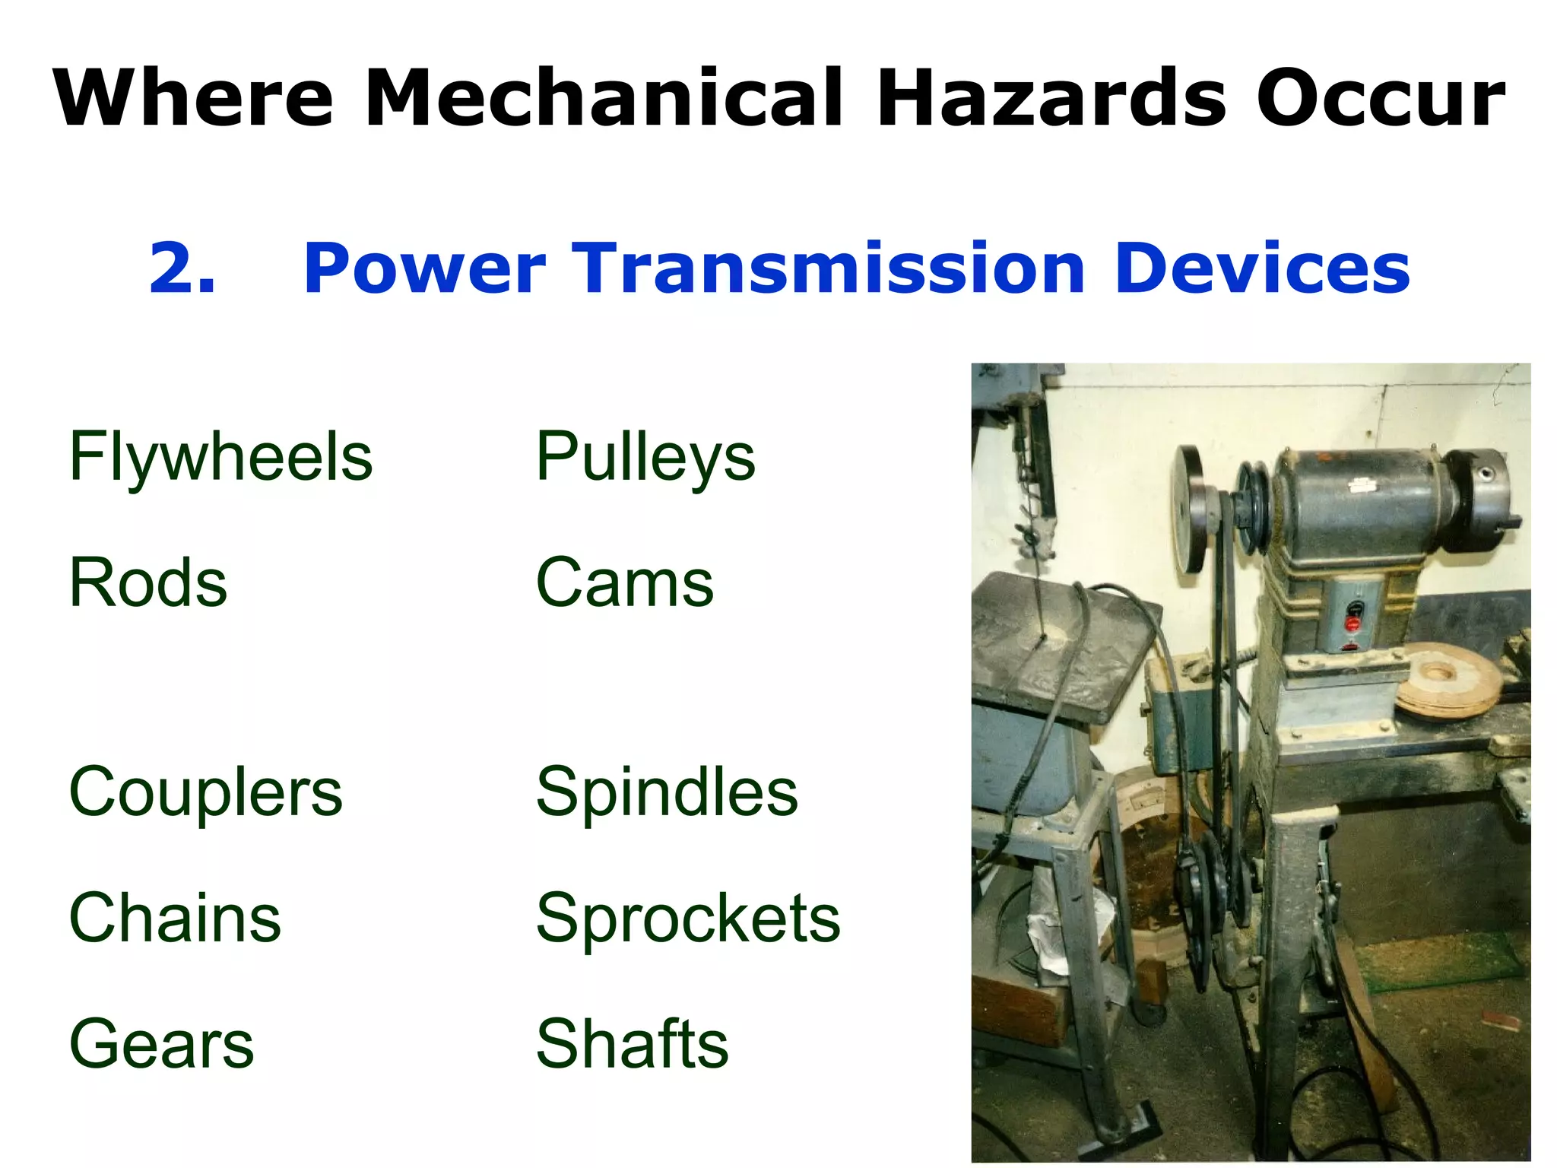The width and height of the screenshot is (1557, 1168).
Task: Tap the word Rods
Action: [x=147, y=582]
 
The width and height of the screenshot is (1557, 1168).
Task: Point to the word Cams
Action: [x=624, y=582]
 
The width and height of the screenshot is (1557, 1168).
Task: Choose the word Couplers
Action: [x=205, y=792]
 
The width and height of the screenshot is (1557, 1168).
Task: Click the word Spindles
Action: [x=667, y=792]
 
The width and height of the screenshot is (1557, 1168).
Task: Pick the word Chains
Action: [x=175, y=918]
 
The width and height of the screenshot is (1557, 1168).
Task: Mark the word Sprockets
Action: [x=688, y=918]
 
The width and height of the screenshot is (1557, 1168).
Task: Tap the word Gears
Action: [x=161, y=1044]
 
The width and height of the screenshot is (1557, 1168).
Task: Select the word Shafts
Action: [x=632, y=1044]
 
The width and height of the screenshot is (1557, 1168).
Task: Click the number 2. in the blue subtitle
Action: [x=182, y=268]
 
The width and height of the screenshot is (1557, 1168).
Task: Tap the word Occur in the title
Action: [x=1380, y=99]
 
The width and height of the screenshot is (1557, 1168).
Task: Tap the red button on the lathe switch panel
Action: [x=1352, y=624]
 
